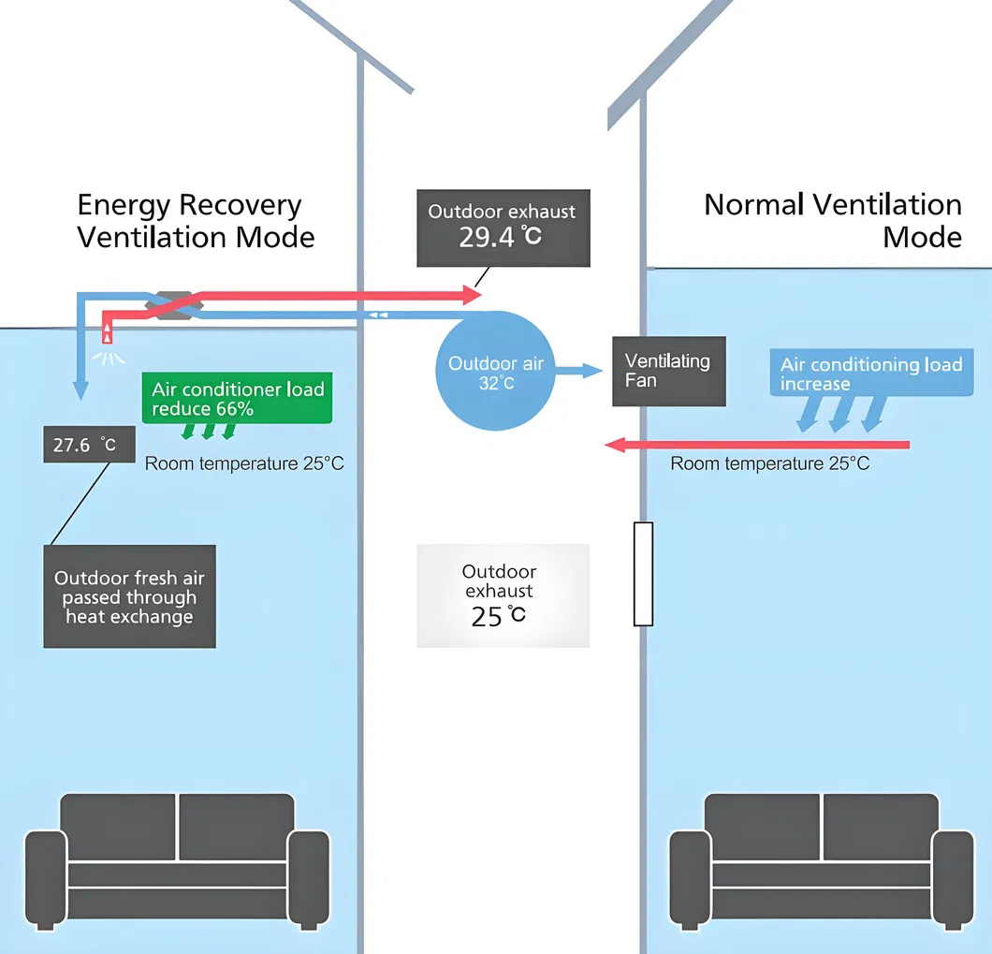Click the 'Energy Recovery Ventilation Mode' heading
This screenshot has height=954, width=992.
point(195,221)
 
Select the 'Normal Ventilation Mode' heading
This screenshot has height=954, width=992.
point(833,221)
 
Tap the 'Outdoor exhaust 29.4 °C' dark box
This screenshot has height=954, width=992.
point(503,227)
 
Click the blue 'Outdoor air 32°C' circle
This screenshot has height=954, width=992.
point(494,372)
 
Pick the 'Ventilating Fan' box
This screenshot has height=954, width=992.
point(668,371)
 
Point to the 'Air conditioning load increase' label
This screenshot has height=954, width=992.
point(870,374)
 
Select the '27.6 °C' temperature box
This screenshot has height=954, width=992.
point(89,445)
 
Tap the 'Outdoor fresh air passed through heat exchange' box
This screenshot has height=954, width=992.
point(129,596)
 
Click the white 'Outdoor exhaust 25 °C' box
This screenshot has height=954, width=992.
point(503,595)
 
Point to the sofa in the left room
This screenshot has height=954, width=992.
point(177,859)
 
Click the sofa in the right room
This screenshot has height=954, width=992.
point(821,859)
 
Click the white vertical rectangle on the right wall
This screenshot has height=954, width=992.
point(643,573)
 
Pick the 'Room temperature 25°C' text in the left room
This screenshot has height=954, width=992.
point(244,463)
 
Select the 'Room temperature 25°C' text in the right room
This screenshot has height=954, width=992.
point(769,463)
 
